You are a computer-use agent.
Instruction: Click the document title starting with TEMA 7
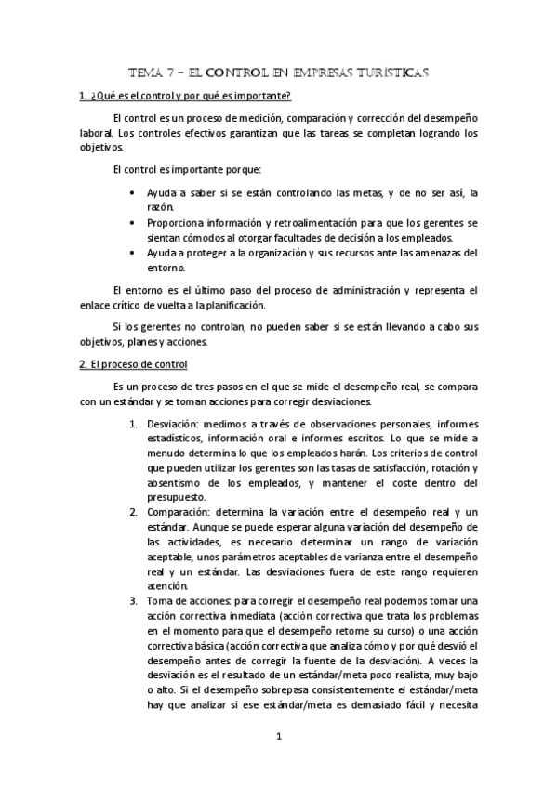click(279, 72)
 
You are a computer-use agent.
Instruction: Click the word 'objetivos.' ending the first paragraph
click(100, 147)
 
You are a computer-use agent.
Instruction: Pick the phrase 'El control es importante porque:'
click(186, 169)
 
